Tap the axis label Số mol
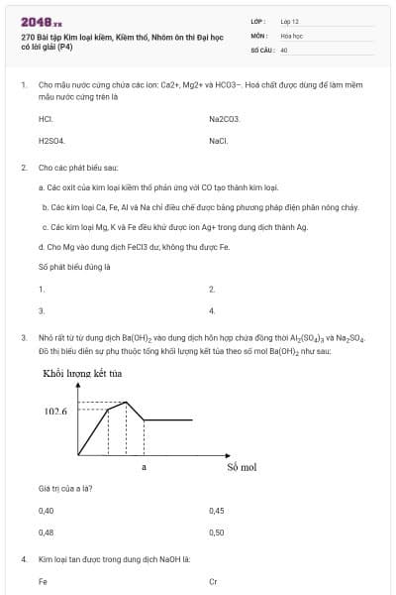pyautogui.click(x=242, y=465)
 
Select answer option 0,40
pyautogui.click(x=46, y=511)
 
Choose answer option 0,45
pyautogui.click(x=217, y=511)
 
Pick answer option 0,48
pyautogui.click(x=46, y=532)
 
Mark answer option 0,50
pyautogui.click(x=217, y=532)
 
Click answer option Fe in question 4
pyautogui.click(x=43, y=581)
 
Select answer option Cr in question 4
pyautogui.click(x=213, y=581)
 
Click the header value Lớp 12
pyautogui.click(x=289, y=21)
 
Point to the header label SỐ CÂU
pyautogui.click(x=261, y=49)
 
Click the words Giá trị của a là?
pyautogui.click(x=65, y=489)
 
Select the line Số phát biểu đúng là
pyautogui.click(x=74, y=267)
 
